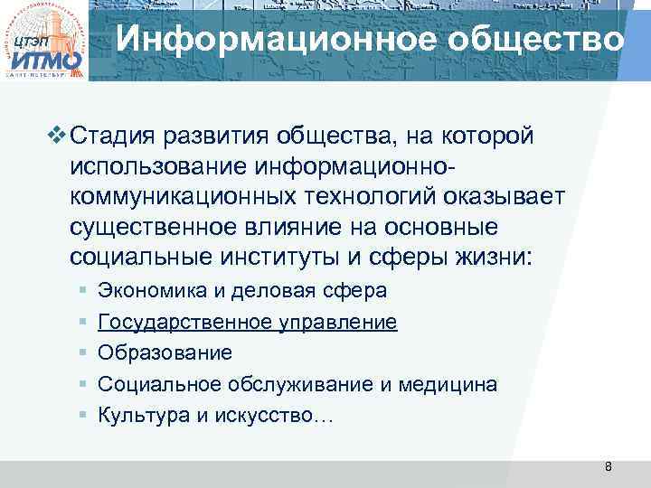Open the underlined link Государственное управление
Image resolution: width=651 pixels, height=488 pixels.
(247, 322)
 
